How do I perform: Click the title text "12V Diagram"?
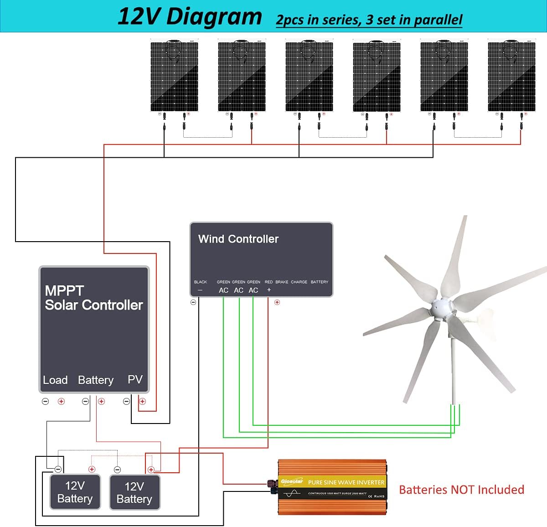point(190,16)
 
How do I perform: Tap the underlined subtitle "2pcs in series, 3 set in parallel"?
point(369,20)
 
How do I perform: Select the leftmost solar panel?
point(174,76)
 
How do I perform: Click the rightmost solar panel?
point(511,76)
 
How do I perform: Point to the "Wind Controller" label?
point(238,239)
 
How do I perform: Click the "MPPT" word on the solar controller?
point(64,290)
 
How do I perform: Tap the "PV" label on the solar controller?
point(135,379)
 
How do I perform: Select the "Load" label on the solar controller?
point(55,380)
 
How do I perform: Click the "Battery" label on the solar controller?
point(96,380)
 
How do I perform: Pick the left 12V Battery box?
point(75,492)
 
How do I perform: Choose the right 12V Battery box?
point(134,492)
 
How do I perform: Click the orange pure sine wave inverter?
point(333,487)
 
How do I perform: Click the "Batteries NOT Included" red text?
point(461,490)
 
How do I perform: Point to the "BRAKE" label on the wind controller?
point(282,282)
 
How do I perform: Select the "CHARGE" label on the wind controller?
point(299,282)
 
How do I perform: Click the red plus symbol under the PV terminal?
point(142,401)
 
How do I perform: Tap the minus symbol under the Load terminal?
point(46,401)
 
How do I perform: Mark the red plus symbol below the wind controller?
point(277,302)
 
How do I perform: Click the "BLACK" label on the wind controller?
point(201,282)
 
